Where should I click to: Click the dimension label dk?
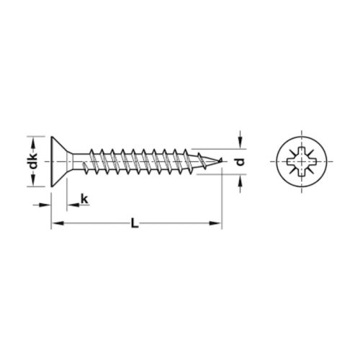32,161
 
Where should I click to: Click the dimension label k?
84,199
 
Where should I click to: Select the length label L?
135,223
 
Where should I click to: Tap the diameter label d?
240,162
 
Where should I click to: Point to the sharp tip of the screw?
221,159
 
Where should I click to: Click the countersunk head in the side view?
59,161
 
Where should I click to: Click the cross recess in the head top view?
302,161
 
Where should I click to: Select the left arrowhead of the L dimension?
58,223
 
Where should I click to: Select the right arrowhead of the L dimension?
215,223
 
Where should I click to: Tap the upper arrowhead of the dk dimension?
33,143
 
